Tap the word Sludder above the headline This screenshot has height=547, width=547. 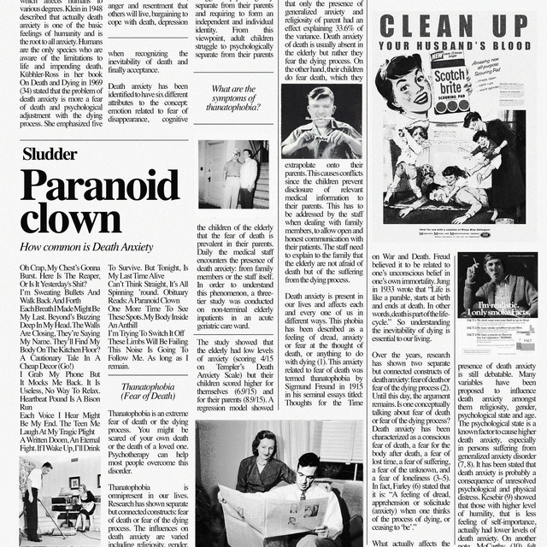coord(49,155)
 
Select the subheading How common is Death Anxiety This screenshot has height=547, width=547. coord(86,247)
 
